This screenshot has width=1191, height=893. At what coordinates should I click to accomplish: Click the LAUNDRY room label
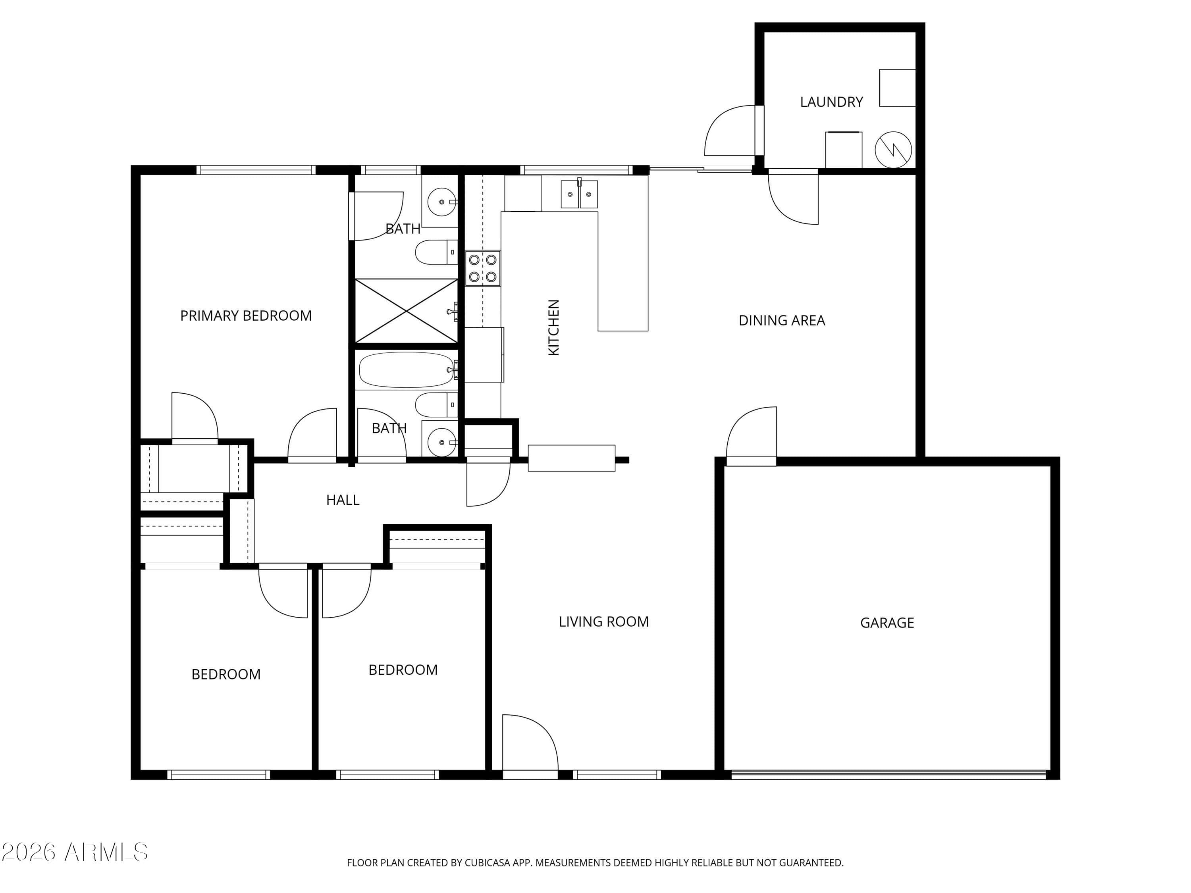coord(831,102)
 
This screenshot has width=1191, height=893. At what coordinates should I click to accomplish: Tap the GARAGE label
coord(887,623)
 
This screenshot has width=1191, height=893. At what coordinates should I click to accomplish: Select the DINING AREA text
coord(782,320)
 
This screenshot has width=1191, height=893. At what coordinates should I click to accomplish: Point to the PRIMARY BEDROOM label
coord(245,316)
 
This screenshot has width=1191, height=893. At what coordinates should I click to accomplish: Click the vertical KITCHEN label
coord(553,327)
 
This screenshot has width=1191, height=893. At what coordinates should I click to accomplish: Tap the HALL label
coord(343,500)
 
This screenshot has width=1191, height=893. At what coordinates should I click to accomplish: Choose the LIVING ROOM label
coord(603,622)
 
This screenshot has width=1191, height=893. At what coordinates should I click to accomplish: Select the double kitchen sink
coord(579,194)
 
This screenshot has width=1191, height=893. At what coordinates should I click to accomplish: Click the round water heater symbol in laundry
coord(893,150)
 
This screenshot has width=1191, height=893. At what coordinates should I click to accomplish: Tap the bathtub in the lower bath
coord(407,369)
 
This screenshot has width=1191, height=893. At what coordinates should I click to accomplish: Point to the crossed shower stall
coord(406,311)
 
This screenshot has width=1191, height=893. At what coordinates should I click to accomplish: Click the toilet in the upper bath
coord(436,252)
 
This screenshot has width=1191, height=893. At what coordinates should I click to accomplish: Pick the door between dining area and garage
coord(751,435)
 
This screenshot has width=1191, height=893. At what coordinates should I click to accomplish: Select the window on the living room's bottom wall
coord(617,775)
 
